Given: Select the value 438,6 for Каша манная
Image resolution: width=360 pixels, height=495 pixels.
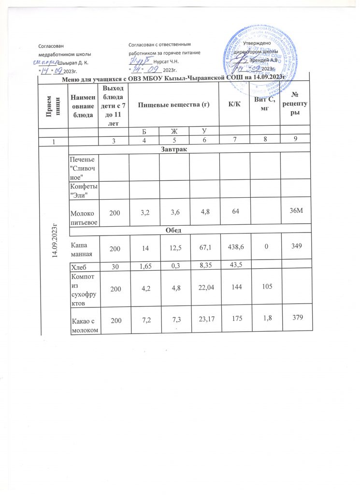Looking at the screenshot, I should tap(234, 246).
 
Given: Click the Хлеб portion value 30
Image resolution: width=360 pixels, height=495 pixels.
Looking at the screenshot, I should tap(114, 265).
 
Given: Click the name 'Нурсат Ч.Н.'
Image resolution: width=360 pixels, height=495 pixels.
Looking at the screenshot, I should tap(165, 62).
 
